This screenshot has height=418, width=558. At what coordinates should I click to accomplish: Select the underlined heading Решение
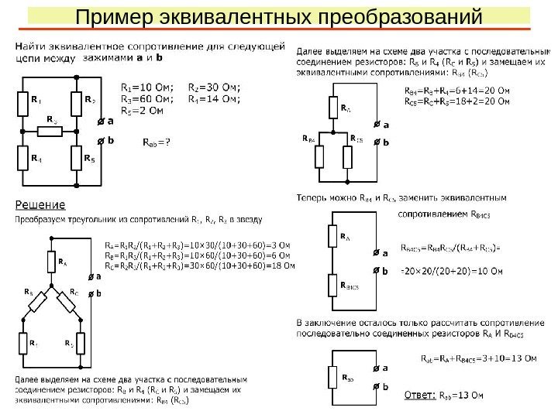[x=41, y=206]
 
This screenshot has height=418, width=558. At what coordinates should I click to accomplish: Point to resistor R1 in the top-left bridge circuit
[x=23, y=101]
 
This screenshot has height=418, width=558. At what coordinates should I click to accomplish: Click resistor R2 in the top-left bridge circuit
[x=77, y=101]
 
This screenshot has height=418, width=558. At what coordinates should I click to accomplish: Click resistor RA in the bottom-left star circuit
[x=52, y=262]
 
